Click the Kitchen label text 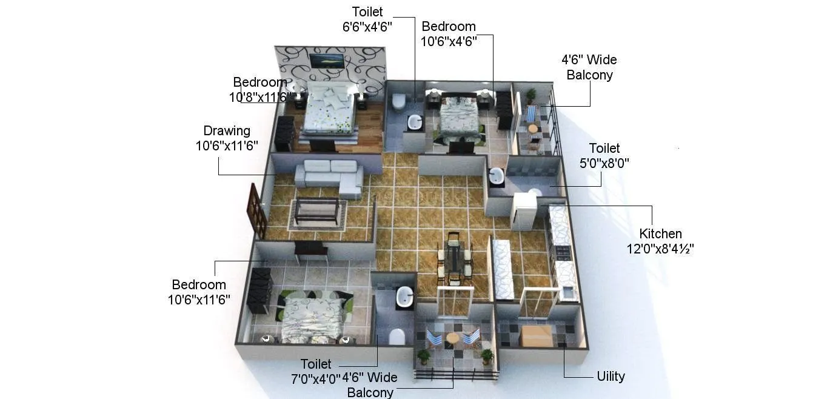point(660,233)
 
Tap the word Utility point(611,376)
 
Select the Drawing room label point(227,130)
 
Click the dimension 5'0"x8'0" point(604,163)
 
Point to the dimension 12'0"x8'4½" point(660,249)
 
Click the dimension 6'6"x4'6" point(367,26)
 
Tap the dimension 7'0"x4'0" point(316,378)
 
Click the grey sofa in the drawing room point(328,176)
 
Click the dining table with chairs point(454,258)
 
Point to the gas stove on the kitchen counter point(562,253)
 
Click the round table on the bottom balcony point(453,338)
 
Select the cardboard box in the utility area point(537,335)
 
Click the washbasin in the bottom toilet point(404,297)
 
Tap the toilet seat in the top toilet point(398,101)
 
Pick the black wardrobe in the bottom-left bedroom point(259,290)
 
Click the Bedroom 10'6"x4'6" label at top point(449,33)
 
